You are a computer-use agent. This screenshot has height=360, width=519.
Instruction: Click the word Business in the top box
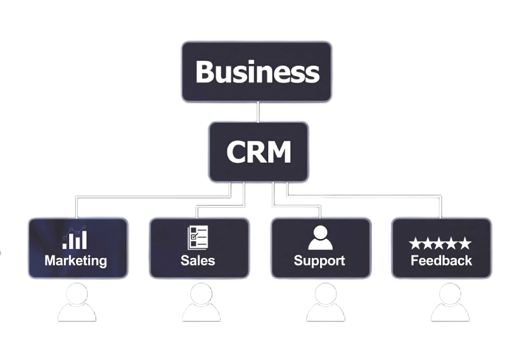point(257,72)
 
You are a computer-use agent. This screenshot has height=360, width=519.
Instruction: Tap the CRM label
point(258,152)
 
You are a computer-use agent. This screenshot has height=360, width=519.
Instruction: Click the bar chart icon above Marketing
point(76,238)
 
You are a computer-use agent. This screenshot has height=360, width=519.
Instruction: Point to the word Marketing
point(76,260)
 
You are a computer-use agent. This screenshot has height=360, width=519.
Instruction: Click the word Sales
point(198,260)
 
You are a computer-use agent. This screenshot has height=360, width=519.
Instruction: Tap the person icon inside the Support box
point(320,237)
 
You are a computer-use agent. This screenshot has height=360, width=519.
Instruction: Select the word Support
point(319,260)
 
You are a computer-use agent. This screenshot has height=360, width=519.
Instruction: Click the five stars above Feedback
point(440,244)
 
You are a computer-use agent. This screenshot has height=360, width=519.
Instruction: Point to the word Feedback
point(441,260)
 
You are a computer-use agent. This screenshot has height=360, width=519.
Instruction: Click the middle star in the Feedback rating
point(440,244)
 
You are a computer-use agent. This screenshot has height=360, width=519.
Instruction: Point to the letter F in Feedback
point(415,260)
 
